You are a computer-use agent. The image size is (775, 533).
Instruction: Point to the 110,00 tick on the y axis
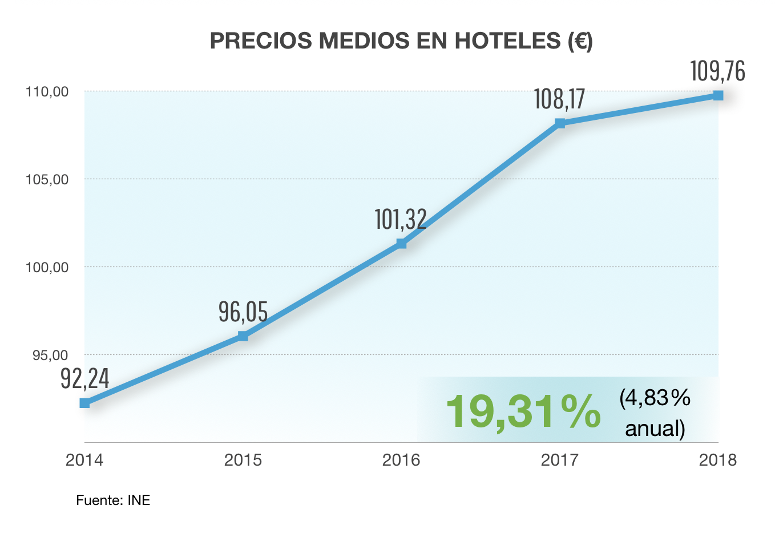[x=47, y=91]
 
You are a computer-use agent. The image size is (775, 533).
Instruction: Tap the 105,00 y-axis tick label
[x=47, y=179]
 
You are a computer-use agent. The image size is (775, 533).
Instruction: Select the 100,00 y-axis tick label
[x=47, y=267]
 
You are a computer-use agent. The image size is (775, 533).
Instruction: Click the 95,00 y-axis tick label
[x=50, y=355]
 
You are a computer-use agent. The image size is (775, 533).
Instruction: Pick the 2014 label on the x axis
[x=84, y=460]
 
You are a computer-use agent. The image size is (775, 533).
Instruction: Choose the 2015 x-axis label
[x=243, y=460]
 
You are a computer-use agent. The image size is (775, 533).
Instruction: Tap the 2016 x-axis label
[x=401, y=460]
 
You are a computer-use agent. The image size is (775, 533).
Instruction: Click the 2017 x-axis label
[x=560, y=460]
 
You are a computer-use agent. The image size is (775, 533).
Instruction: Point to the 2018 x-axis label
[x=718, y=460]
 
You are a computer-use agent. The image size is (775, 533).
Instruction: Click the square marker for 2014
[x=84, y=403]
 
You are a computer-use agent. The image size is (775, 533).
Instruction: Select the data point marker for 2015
[x=243, y=336]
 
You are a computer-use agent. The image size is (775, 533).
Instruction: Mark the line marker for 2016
[x=401, y=244]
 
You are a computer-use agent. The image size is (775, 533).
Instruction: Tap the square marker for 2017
[x=560, y=123]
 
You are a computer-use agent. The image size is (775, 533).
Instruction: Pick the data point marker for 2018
[x=718, y=95]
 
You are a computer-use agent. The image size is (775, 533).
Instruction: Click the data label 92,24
[x=85, y=378]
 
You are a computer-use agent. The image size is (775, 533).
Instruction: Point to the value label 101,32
[x=401, y=219]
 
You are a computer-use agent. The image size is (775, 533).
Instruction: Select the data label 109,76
[x=717, y=71]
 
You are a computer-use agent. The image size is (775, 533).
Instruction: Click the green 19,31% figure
[x=523, y=411]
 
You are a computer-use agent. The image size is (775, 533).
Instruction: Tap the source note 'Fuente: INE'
[x=113, y=500]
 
